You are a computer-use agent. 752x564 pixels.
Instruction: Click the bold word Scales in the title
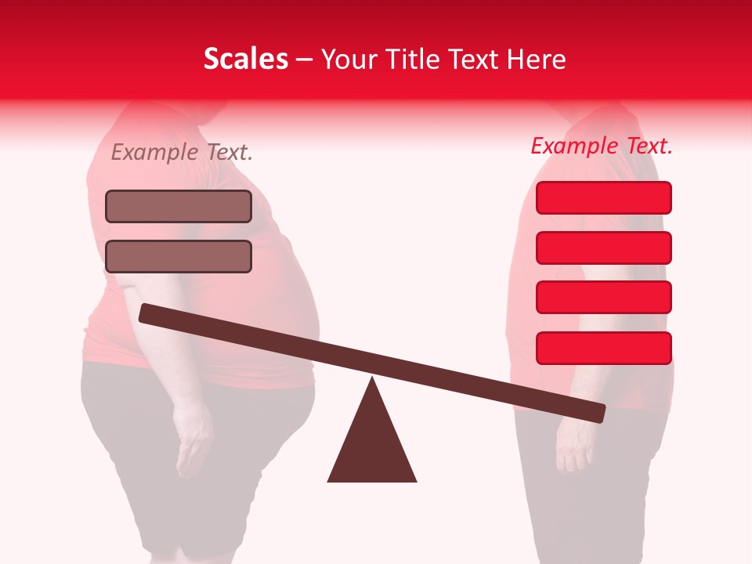point(245,59)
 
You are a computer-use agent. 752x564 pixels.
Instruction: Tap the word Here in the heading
point(536,60)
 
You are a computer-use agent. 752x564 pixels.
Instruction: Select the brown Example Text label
point(182,153)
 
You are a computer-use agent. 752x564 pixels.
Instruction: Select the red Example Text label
point(602,146)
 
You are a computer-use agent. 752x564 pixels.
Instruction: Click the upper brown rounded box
point(179,206)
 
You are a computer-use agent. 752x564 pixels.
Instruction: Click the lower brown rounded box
point(179,256)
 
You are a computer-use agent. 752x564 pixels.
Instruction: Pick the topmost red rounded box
point(604,197)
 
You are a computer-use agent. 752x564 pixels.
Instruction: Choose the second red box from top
point(604,248)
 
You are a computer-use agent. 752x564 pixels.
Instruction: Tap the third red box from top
point(604,297)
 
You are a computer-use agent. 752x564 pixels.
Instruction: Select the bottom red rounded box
point(604,348)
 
